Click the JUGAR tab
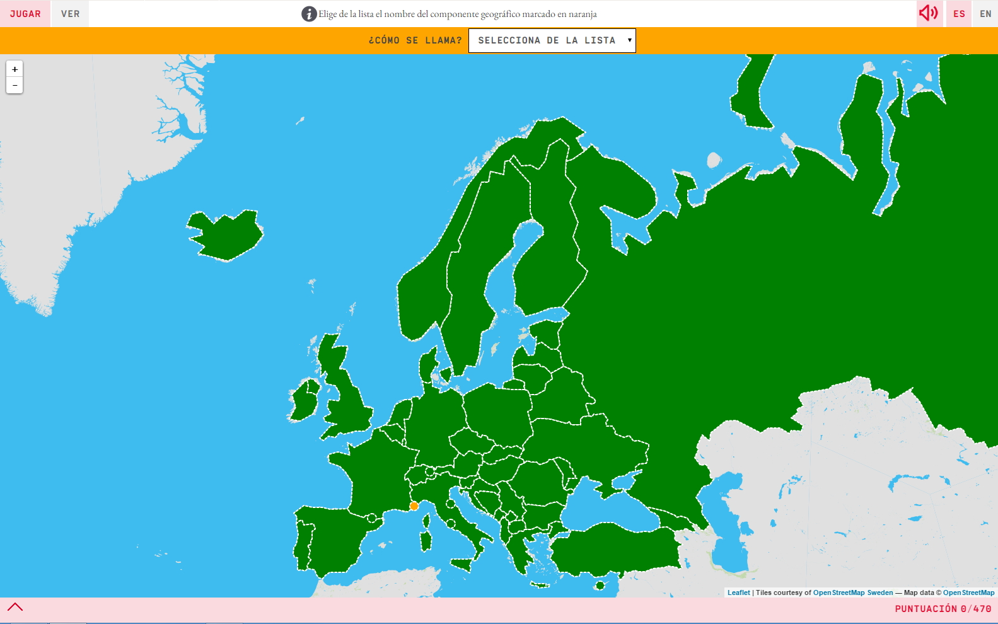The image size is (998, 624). (25, 14)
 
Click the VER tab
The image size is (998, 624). (70, 14)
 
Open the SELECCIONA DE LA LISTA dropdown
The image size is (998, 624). (552, 40)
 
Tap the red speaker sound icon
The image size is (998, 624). (928, 13)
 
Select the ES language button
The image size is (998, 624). (959, 14)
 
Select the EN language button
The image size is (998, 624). (985, 14)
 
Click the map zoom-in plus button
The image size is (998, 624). (15, 69)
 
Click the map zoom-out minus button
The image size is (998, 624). (15, 85)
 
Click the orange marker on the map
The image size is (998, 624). (414, 506)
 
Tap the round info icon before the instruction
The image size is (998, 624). (308, 14)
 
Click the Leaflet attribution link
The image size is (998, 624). (738, 592)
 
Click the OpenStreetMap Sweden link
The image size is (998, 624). (853, 592)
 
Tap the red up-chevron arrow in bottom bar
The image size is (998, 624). (15, 607)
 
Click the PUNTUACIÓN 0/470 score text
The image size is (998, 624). (943, 609)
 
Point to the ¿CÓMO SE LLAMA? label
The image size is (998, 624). (415, 40)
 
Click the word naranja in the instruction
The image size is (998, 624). (583, 14)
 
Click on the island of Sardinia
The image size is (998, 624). (427, 540)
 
